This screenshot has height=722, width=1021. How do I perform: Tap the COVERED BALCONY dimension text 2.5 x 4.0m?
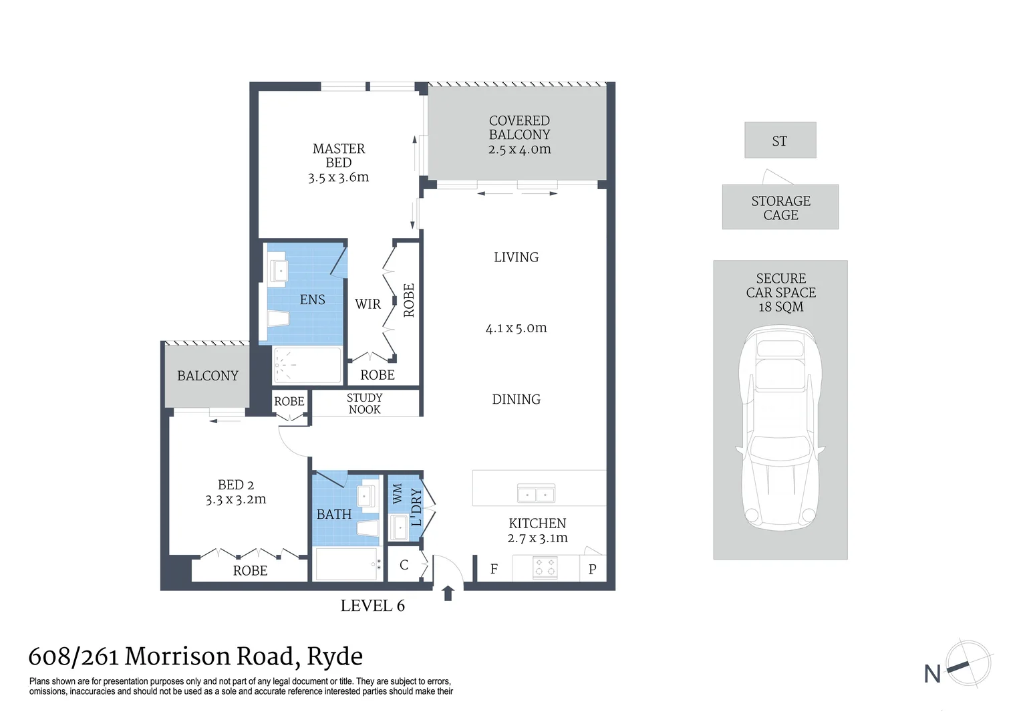coord(519,150)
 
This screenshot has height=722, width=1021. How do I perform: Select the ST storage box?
coord(780,140)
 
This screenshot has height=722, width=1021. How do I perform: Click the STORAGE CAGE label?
coord(780,208)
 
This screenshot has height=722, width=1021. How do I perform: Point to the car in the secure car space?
coord(780,428)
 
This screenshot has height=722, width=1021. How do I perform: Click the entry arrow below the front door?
coord(448,593)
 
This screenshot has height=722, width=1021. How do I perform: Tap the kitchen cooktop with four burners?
coord(545,568)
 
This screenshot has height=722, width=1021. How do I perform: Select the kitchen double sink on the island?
coord(536,495)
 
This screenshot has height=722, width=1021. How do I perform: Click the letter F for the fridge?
coord(494,570)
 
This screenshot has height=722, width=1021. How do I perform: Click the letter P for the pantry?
coord(592,570)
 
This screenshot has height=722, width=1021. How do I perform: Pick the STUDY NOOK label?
coord(365,404)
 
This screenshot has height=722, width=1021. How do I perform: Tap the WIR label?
coord(368,304)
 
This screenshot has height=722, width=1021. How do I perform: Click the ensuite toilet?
coord(279,318)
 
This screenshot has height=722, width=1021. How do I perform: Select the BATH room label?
coord(333,514)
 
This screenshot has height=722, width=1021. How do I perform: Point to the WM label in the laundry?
coord(398,493)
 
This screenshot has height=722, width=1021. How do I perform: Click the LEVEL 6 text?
coord(372,606)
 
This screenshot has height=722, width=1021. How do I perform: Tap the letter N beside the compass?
coord(932,674)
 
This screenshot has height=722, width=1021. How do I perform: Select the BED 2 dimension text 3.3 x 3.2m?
coord(236,499)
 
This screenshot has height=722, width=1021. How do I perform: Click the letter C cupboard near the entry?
coord(404,565)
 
